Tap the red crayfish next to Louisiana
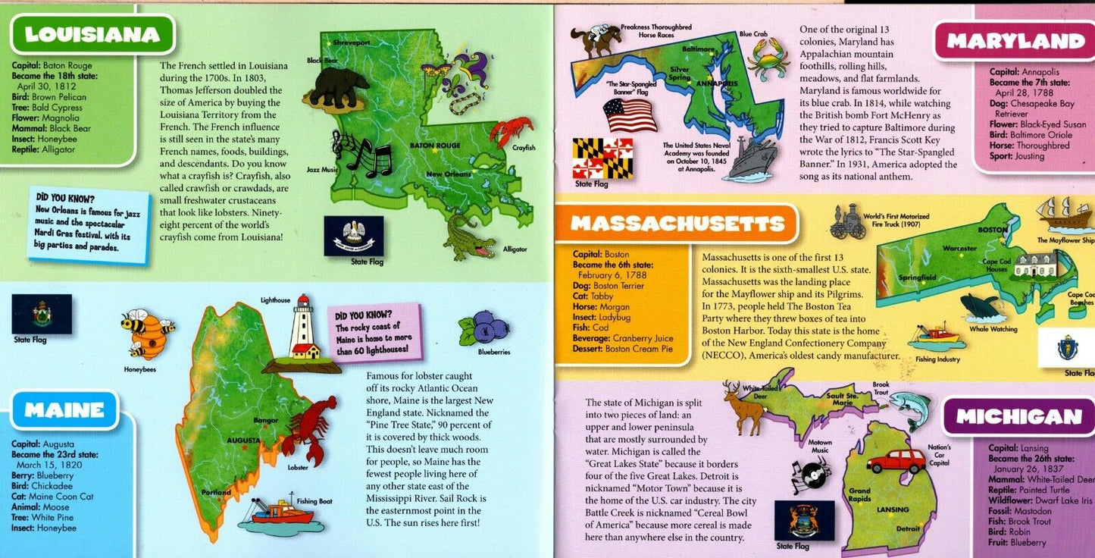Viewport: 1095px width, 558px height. (512, 130)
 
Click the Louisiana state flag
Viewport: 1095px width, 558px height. (354, 236)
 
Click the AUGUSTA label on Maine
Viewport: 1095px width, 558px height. (244, 440)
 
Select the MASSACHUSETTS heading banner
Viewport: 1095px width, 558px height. (676, 224)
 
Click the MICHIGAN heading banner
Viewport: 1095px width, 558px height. (1018, 416)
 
